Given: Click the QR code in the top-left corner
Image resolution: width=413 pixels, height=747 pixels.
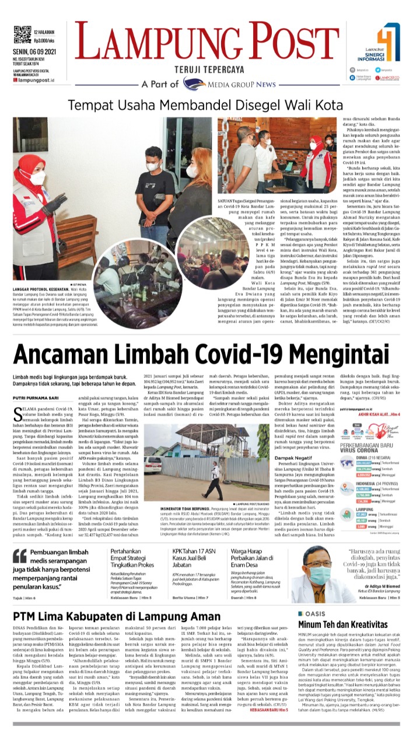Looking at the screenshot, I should click(x=22, y=34).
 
